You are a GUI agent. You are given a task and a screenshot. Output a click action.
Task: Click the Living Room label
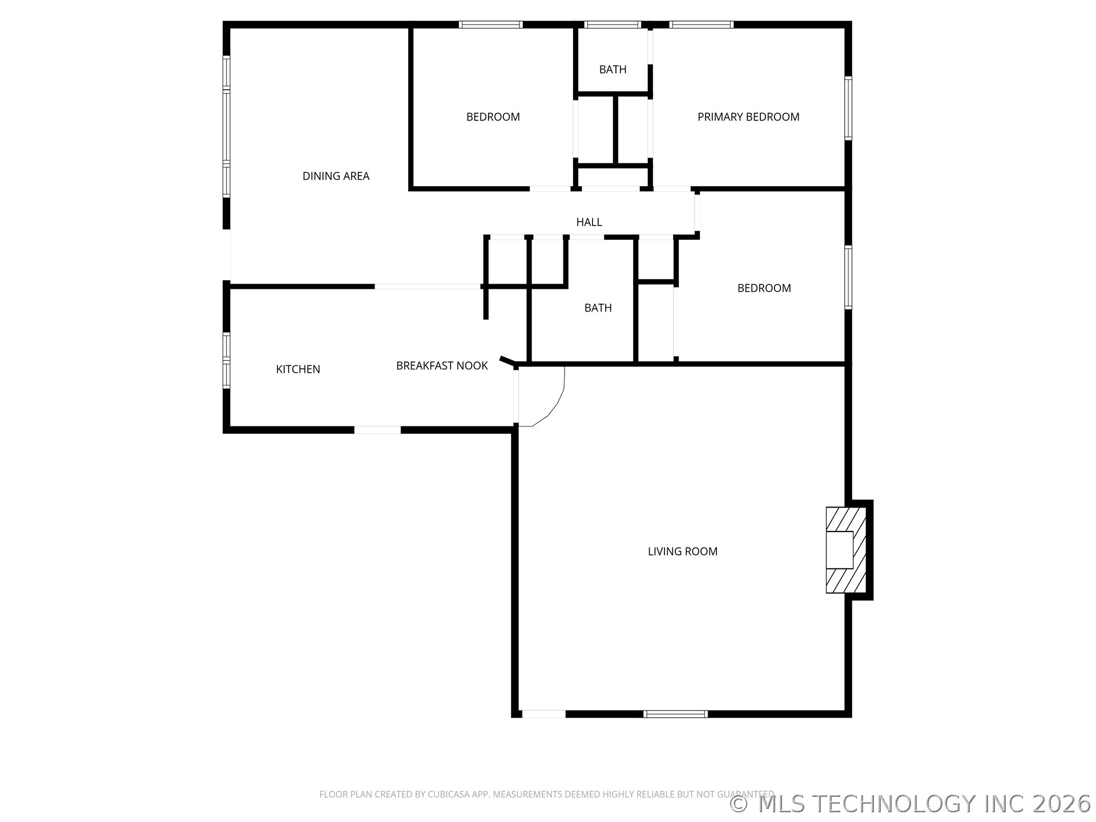pos(682,551)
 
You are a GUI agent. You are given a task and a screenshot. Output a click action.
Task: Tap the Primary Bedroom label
pos(748,117)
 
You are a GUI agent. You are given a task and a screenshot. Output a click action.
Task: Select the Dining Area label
pos(336,176)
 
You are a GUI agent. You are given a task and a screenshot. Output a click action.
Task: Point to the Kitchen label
pos(298,369)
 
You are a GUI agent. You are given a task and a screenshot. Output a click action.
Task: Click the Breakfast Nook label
pos(442,366)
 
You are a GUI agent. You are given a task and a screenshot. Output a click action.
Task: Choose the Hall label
pos(589,222)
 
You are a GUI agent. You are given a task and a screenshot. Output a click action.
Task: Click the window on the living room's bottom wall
pos(675,714)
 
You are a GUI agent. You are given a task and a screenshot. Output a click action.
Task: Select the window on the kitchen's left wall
pos(227,360)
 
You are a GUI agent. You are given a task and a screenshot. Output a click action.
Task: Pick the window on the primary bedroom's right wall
pos(848,108)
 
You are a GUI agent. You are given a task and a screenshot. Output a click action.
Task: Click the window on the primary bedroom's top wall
pos(701,25)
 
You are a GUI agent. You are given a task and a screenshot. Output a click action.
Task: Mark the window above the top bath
pos(613,25)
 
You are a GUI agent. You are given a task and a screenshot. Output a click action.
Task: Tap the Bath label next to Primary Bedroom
pos(613,70)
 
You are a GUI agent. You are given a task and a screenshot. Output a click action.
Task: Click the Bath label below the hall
pos(598,308)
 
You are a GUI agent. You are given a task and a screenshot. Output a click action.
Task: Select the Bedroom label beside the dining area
pos(493,117)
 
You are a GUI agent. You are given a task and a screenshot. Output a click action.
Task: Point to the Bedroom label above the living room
pos(764,288)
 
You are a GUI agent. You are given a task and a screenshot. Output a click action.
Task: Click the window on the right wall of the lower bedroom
pos(848,277)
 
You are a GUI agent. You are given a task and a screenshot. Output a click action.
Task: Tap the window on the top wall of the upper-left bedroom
pos(491,25)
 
